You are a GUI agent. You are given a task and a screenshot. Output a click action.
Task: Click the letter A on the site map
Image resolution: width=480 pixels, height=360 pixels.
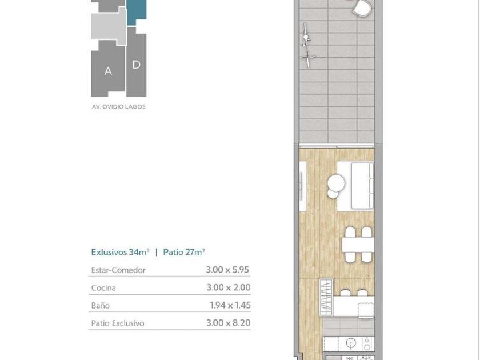tap(108, 71)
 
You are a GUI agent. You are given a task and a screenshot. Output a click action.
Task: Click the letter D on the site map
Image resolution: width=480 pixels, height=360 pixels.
tap(136, 65)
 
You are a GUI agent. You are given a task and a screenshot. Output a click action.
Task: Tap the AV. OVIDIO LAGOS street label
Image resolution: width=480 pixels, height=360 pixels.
tap(119, 107)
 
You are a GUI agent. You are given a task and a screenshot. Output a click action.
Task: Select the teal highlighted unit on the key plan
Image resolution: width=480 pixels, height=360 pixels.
tap(137, 11)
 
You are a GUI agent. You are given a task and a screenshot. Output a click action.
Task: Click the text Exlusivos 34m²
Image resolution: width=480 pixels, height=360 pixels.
tap(121, 252)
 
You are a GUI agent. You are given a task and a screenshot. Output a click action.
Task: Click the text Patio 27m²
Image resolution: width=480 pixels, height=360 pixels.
tap(183, 252)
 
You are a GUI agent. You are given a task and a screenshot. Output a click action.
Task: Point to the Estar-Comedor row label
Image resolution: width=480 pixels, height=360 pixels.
tap(118, 270)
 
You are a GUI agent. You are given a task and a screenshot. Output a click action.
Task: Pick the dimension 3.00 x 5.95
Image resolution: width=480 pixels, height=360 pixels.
tap(227, 270)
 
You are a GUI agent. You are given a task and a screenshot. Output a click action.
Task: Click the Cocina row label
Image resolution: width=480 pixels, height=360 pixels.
tap(103, 288)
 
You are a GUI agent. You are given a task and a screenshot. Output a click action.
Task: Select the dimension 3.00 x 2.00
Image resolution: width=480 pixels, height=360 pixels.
tap(229, 287)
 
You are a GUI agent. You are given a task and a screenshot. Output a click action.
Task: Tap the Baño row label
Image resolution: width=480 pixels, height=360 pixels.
tap(101, 306)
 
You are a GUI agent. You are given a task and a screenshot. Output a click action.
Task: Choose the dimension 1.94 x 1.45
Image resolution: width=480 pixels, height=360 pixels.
tap(230, 305)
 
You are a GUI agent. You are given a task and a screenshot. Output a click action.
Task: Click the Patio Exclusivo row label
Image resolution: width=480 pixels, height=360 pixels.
tap(118, 323)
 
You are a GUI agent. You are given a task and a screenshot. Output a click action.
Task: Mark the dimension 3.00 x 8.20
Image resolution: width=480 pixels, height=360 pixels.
tap(229, 323)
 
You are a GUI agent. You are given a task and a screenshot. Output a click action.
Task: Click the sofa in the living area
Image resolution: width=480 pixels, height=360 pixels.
tap(362, 186)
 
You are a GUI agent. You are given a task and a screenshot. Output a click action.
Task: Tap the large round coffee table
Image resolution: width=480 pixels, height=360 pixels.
tap(336, 183)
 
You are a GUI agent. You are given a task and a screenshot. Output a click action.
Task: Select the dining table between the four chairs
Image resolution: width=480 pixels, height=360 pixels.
tap(358, 245)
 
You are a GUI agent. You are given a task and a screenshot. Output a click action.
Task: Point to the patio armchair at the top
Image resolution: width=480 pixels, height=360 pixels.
tap(362, 7)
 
